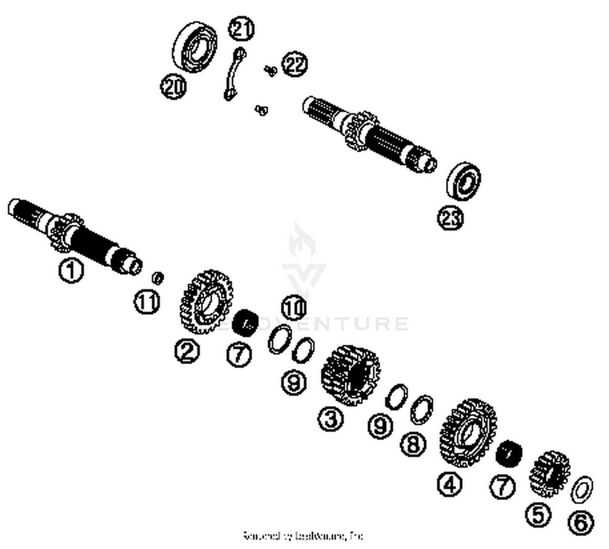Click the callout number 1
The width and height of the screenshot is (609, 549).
71,271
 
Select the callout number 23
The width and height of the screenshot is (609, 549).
450,218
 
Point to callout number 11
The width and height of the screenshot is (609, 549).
147,302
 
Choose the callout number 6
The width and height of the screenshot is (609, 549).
581,523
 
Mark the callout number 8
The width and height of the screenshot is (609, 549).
413,444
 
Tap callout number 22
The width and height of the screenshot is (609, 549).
295,64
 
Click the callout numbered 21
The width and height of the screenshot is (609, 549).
241,28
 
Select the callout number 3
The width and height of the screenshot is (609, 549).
331,418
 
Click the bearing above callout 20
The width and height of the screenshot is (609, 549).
195,47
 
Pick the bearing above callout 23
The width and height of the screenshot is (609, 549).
464,181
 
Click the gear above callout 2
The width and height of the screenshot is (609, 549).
206,302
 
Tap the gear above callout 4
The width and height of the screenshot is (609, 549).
468,433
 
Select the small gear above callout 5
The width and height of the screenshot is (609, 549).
550,474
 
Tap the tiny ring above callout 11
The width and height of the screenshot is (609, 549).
158,278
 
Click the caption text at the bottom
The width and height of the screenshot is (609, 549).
303,536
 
